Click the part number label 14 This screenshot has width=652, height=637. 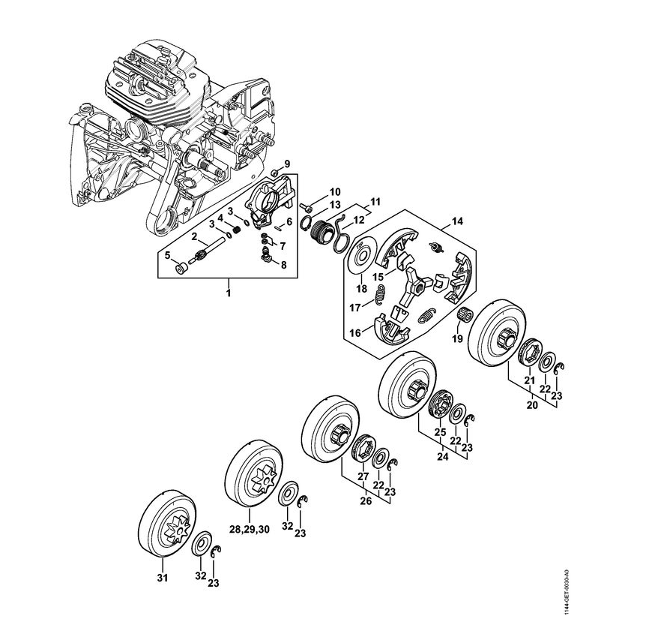click(456, 221)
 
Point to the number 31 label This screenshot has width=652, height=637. click(162, 577)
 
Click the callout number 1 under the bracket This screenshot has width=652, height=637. click(229, 291)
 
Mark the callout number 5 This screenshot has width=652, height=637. click(168, 254)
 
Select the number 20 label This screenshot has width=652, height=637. click(531, 405)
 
